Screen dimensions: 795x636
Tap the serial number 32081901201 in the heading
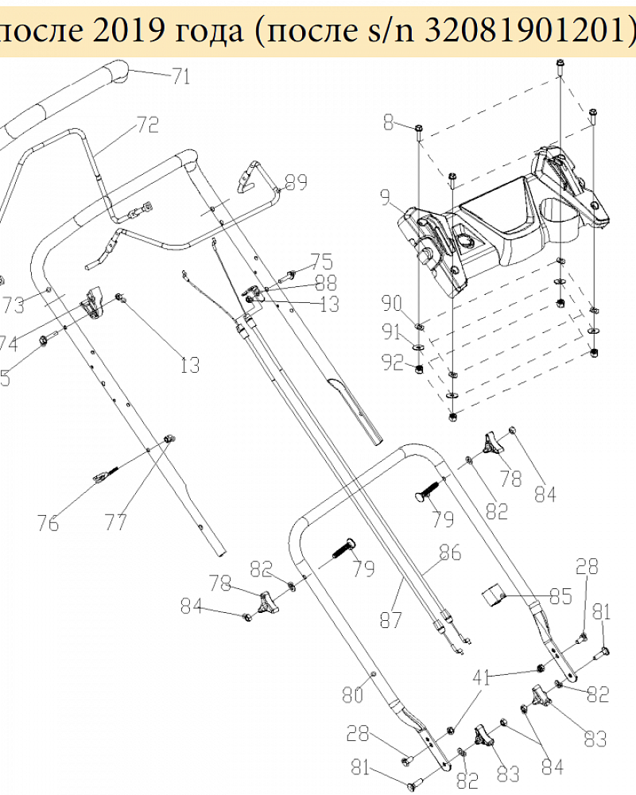pyautogui.click(x=525, y=29)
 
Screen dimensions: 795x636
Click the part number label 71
pyautogui.click(x=181, y=77)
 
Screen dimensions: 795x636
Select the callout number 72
pyautogui.click(x=148, y=125)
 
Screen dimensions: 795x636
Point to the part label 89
pyautogui.click(x=296, y=184)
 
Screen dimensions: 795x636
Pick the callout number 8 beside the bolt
pyautogui.click(x=388, y=122)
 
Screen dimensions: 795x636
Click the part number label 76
pyautogui.click(x=48, y=522)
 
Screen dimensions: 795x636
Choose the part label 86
pyautogui.click(x=450, y=553)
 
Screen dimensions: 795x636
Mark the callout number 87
pyautogui.click(x=390, y=619)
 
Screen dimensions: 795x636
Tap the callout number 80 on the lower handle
pyautogui.click(x=352, y=696)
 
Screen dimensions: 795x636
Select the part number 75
pyautogui.click(x=321, y=262)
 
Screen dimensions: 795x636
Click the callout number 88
pyautogui.click(x=325, y=282)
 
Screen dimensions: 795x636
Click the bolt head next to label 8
pyautogui.click(x=417, y=127)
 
